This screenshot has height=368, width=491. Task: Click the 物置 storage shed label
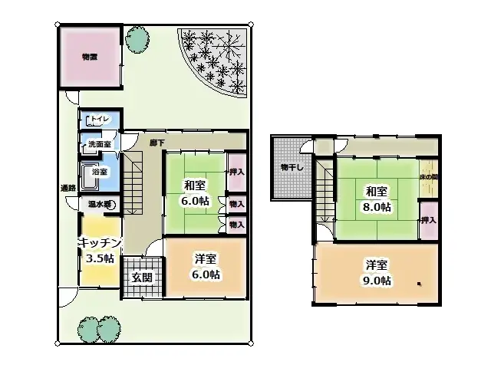pyautogui.click(x=90, y=57)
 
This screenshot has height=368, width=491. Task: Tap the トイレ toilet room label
pyautogui.click(x=99, y=120)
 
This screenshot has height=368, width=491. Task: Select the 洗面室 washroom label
pyautogui.click(x=99, y=144)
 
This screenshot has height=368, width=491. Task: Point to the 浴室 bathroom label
pyautogui.click(x=99, y=172)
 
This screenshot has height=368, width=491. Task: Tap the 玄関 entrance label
pyautogui.click(x=141, y=278)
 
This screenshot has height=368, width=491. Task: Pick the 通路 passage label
pyautogui.click(x=68, y=188)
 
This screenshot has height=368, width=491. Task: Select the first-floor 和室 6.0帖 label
pyautogui.click(x=195, y=192)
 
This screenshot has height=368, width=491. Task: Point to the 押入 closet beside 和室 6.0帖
pyautogui.click(x=236, y=172)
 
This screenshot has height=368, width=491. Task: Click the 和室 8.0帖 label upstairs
pyautogui.click(x=377, y=199)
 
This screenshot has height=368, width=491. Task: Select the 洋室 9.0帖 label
pyautogui.click(x=377, y=272)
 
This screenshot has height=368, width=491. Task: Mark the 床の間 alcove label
pyautogui.click(x=429, y=177)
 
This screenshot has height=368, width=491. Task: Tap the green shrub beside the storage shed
pyautogui.click(x=138, y=40)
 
